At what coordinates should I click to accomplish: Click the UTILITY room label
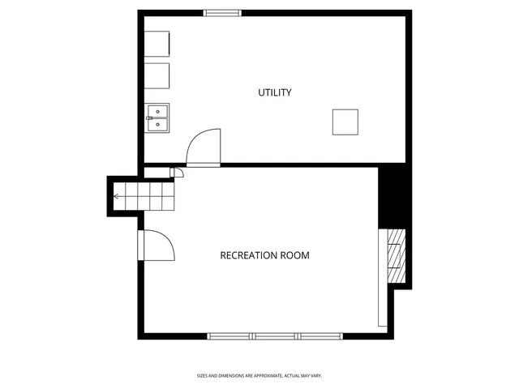(x=275, y=92)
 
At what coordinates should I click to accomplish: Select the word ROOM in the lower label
(x=295, y=255)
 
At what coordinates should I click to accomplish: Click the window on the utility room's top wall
(x=222, y=12)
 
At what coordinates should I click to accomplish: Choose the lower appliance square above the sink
(x=157, y=75)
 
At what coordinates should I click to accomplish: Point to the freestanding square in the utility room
(x=345, y=122)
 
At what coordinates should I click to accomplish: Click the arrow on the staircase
(x=118, y=196)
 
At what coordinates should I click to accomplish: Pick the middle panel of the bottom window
(x=275, y=336)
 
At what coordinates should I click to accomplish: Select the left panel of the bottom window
(x=229, y=336)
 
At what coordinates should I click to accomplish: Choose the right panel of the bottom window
(x=320, y=336)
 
